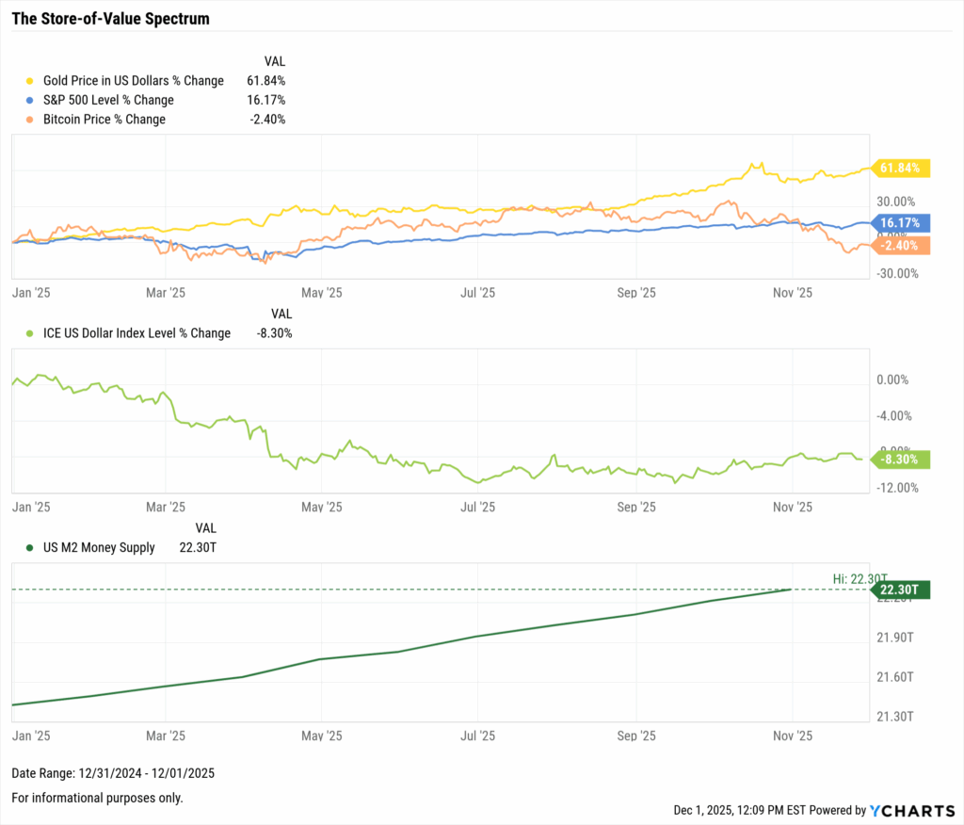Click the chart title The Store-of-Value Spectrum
[110, 19]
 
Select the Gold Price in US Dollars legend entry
[134, 81]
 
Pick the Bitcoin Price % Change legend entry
[104, 120]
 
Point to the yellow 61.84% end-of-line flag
[902, 169]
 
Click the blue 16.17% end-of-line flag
[902, 223]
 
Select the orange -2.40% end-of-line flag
[902, 246]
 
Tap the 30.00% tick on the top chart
[896, 202]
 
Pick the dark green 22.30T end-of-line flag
[902, 590]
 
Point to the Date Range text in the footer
[113, 773]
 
